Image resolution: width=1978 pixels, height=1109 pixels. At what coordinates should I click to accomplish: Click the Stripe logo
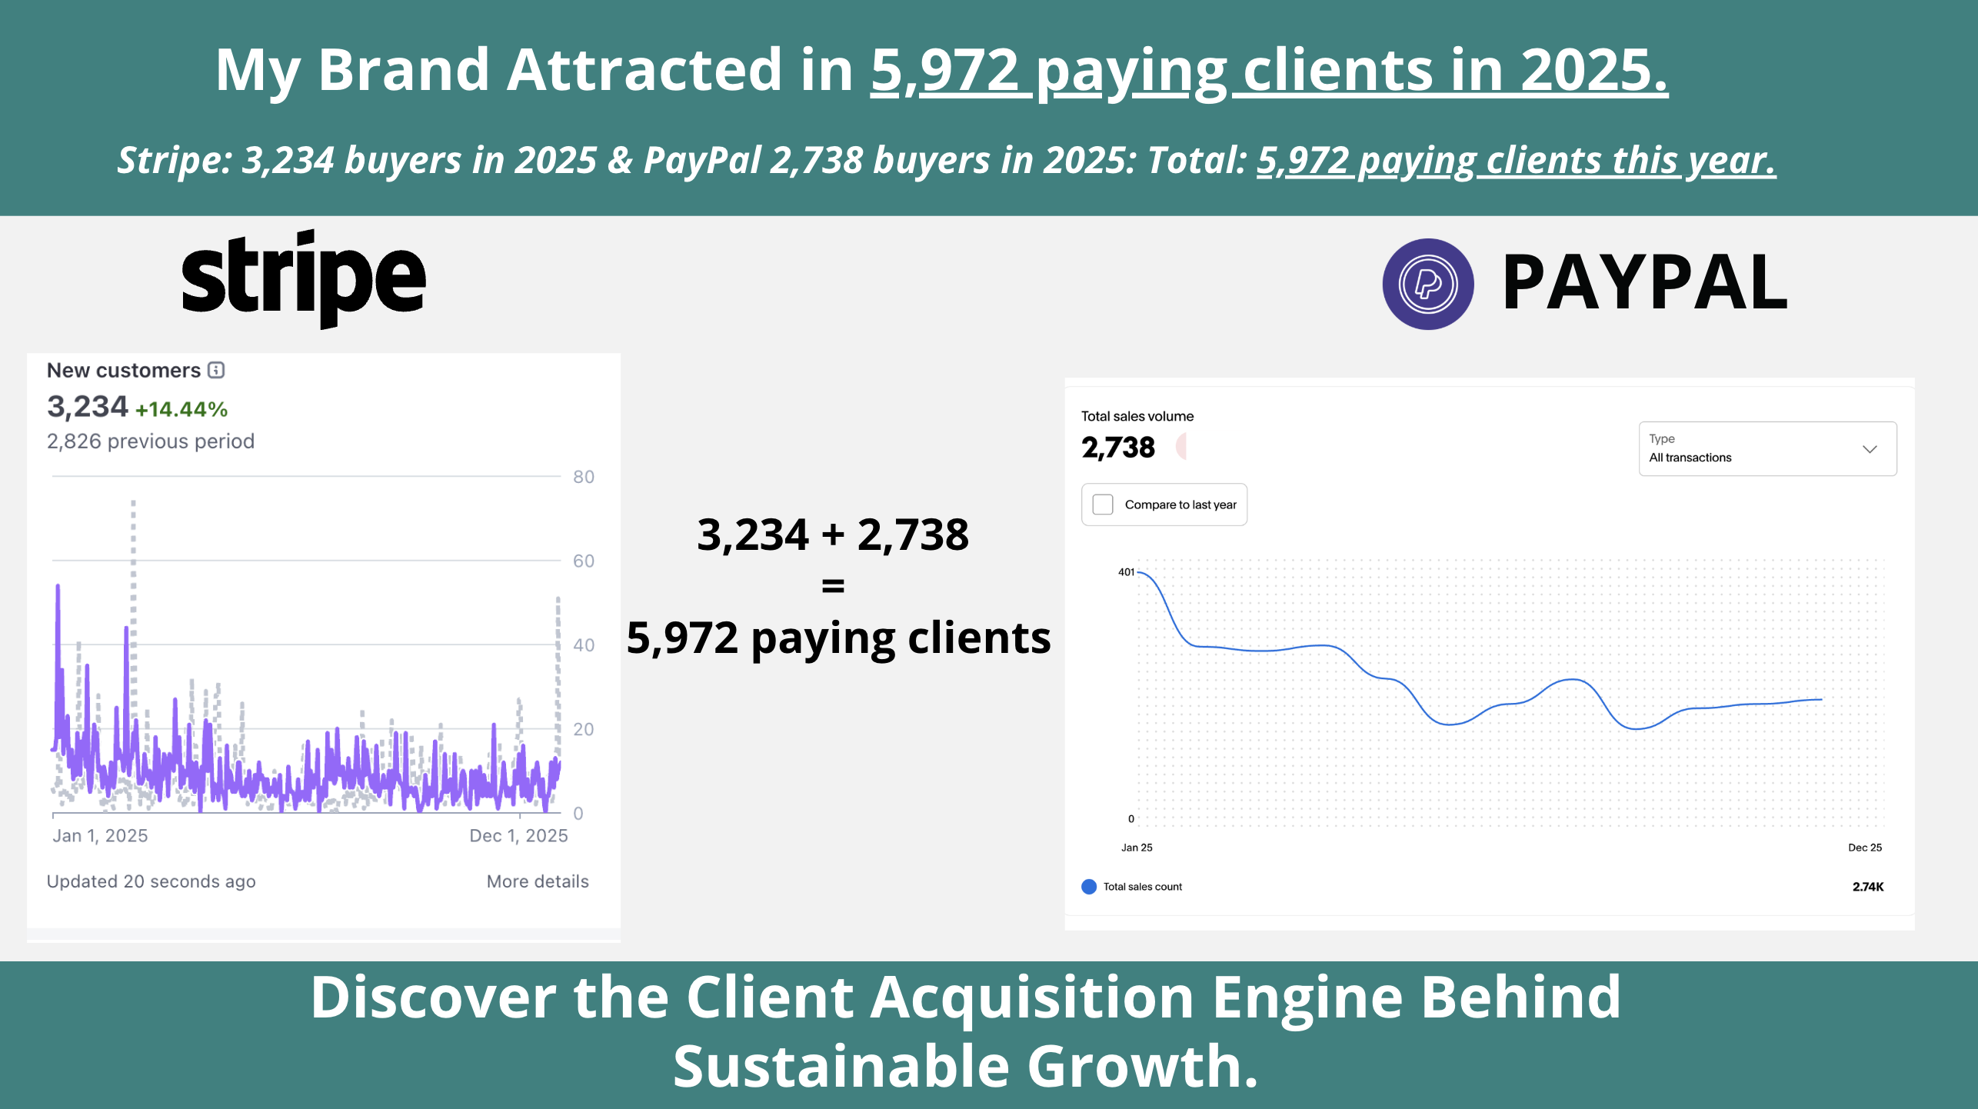point(304,278)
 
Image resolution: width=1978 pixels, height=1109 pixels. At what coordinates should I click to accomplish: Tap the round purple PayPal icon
point(1427,284)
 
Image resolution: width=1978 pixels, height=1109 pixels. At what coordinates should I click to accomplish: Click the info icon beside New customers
point(217,370)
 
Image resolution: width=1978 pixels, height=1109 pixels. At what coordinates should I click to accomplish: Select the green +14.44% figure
point(181,409)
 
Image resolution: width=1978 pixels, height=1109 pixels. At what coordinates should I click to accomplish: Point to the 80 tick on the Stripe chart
point(583,477)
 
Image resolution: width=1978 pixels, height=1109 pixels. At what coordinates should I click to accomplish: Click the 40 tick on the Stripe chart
point(583,645)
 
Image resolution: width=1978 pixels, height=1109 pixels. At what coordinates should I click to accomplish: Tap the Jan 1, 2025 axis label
point(100,836)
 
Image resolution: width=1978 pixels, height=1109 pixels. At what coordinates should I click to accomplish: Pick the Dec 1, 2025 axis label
point(518,836)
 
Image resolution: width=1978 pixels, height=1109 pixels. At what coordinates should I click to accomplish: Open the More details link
point(537,881)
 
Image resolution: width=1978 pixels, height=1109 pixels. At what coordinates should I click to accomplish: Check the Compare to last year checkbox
point(1103,505)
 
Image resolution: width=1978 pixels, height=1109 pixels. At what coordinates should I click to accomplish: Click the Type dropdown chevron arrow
point(1870,449)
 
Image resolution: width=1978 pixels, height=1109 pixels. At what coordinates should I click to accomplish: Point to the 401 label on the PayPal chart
point(1126,572)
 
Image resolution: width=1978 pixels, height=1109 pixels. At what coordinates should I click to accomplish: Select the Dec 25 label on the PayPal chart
point(1864,848)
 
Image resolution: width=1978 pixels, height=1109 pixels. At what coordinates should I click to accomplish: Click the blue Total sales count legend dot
point(1089,887)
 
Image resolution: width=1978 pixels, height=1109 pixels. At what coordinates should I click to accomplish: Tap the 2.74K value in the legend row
point(1867,887)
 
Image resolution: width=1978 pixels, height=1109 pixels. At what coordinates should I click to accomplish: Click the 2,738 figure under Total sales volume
point(1117,448)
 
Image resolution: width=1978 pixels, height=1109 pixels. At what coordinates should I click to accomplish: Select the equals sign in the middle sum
point(833,586)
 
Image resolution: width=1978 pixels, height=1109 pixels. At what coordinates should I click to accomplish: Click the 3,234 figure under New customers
point(87,407)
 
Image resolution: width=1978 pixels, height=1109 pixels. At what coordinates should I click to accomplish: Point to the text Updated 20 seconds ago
point(151,881)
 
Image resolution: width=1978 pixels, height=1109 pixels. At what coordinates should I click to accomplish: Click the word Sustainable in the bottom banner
point(841,1067)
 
